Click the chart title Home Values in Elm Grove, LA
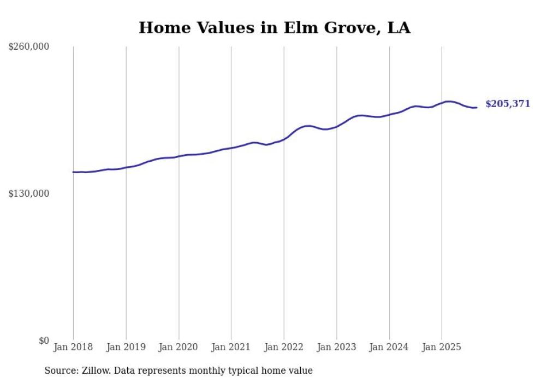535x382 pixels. [274, 27]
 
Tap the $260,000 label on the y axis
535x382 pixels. [29, 47]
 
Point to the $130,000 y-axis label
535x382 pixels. [29, 194]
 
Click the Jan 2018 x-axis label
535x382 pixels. [73, 347]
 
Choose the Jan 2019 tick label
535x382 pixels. [126, 347]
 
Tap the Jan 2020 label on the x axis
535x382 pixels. [179, 347]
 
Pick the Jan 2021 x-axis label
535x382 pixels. [231, 347]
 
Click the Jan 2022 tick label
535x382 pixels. [284, 347]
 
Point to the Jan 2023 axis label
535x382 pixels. [336, 347]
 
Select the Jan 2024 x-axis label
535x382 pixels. [389, 347]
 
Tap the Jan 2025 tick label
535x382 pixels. [442, 347]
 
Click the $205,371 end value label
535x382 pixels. [508, 104]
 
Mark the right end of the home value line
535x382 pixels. [477, 107]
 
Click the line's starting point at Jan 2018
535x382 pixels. [74, 172]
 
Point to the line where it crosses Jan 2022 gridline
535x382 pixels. [284, 139]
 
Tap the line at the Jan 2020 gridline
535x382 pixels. [179, 156]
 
